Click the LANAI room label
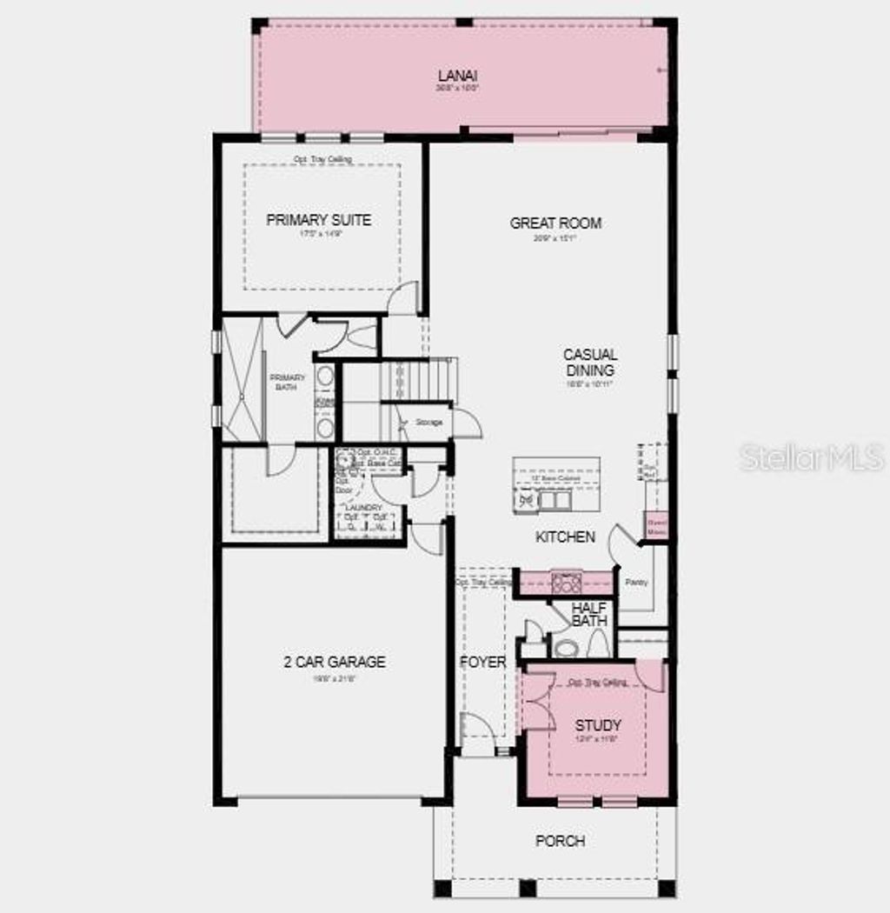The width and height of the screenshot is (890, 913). [458, 76]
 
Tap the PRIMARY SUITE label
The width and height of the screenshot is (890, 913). [318, 220]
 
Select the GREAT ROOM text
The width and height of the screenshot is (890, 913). [555, 223]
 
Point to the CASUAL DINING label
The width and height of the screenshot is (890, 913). [590, 363]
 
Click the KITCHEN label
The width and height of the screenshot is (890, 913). [565, 537]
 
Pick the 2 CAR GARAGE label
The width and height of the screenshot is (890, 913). [334, 663]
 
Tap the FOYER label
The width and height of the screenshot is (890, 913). [482, 663]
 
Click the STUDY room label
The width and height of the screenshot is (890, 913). [598, 725]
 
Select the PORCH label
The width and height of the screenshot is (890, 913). [560, 841]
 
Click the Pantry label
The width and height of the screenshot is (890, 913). [630, 582]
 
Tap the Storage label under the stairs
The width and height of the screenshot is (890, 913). [428, 423]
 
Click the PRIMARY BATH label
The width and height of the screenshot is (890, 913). [288, 382]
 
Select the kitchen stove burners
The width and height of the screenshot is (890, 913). [566, 583]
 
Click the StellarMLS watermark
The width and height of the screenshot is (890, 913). [812, 456]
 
